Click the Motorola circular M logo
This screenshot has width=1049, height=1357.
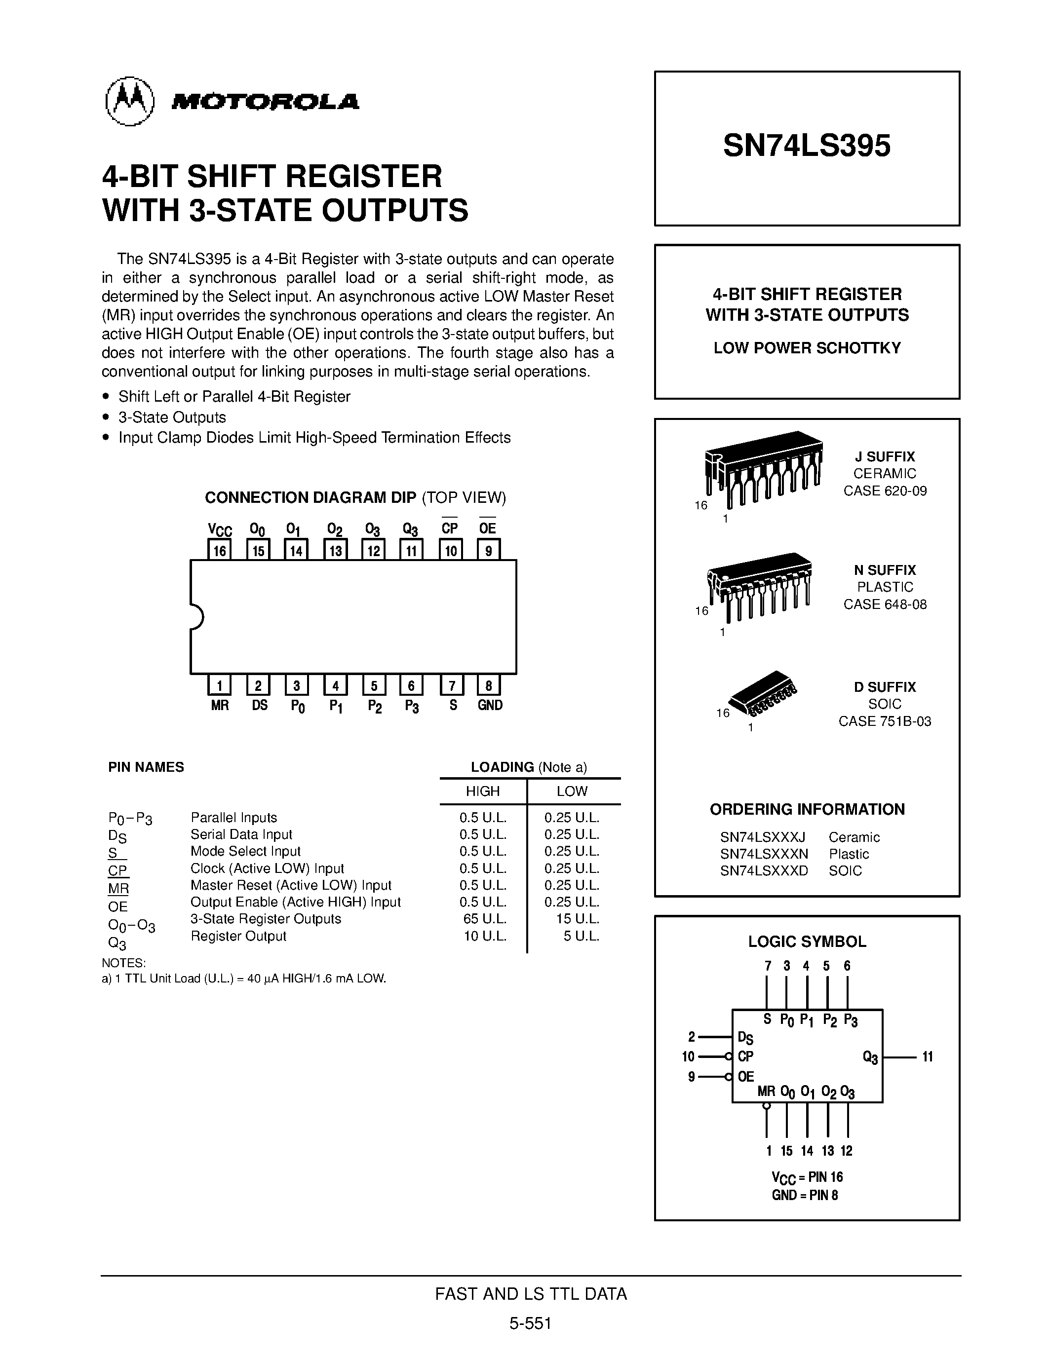click(129, 101)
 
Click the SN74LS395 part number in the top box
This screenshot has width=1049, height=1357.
click(806, 146)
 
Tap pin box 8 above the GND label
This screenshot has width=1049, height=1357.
click(488, 685)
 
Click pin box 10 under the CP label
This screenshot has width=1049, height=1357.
click(451, 550)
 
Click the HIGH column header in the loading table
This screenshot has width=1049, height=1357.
click(483, 791)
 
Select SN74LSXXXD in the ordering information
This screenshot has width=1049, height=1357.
click(764, 870)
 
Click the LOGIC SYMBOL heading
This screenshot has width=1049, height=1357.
click(807, 942)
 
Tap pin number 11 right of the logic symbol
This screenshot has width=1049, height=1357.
click(927, 1056)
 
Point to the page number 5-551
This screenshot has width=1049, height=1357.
click(530, 1323)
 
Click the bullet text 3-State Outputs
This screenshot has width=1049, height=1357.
click(172, 417)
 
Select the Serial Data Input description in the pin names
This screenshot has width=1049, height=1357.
click(241, 834)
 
